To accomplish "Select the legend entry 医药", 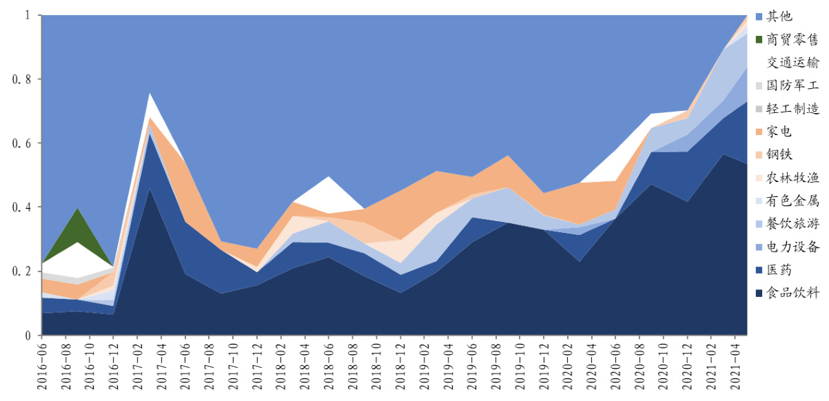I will tap(781, 270).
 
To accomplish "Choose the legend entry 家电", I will tap(781, 132).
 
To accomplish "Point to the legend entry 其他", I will tap(781, 16).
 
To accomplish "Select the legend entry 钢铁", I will tap(781, 154).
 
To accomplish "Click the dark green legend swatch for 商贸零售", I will tap(759, 39).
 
